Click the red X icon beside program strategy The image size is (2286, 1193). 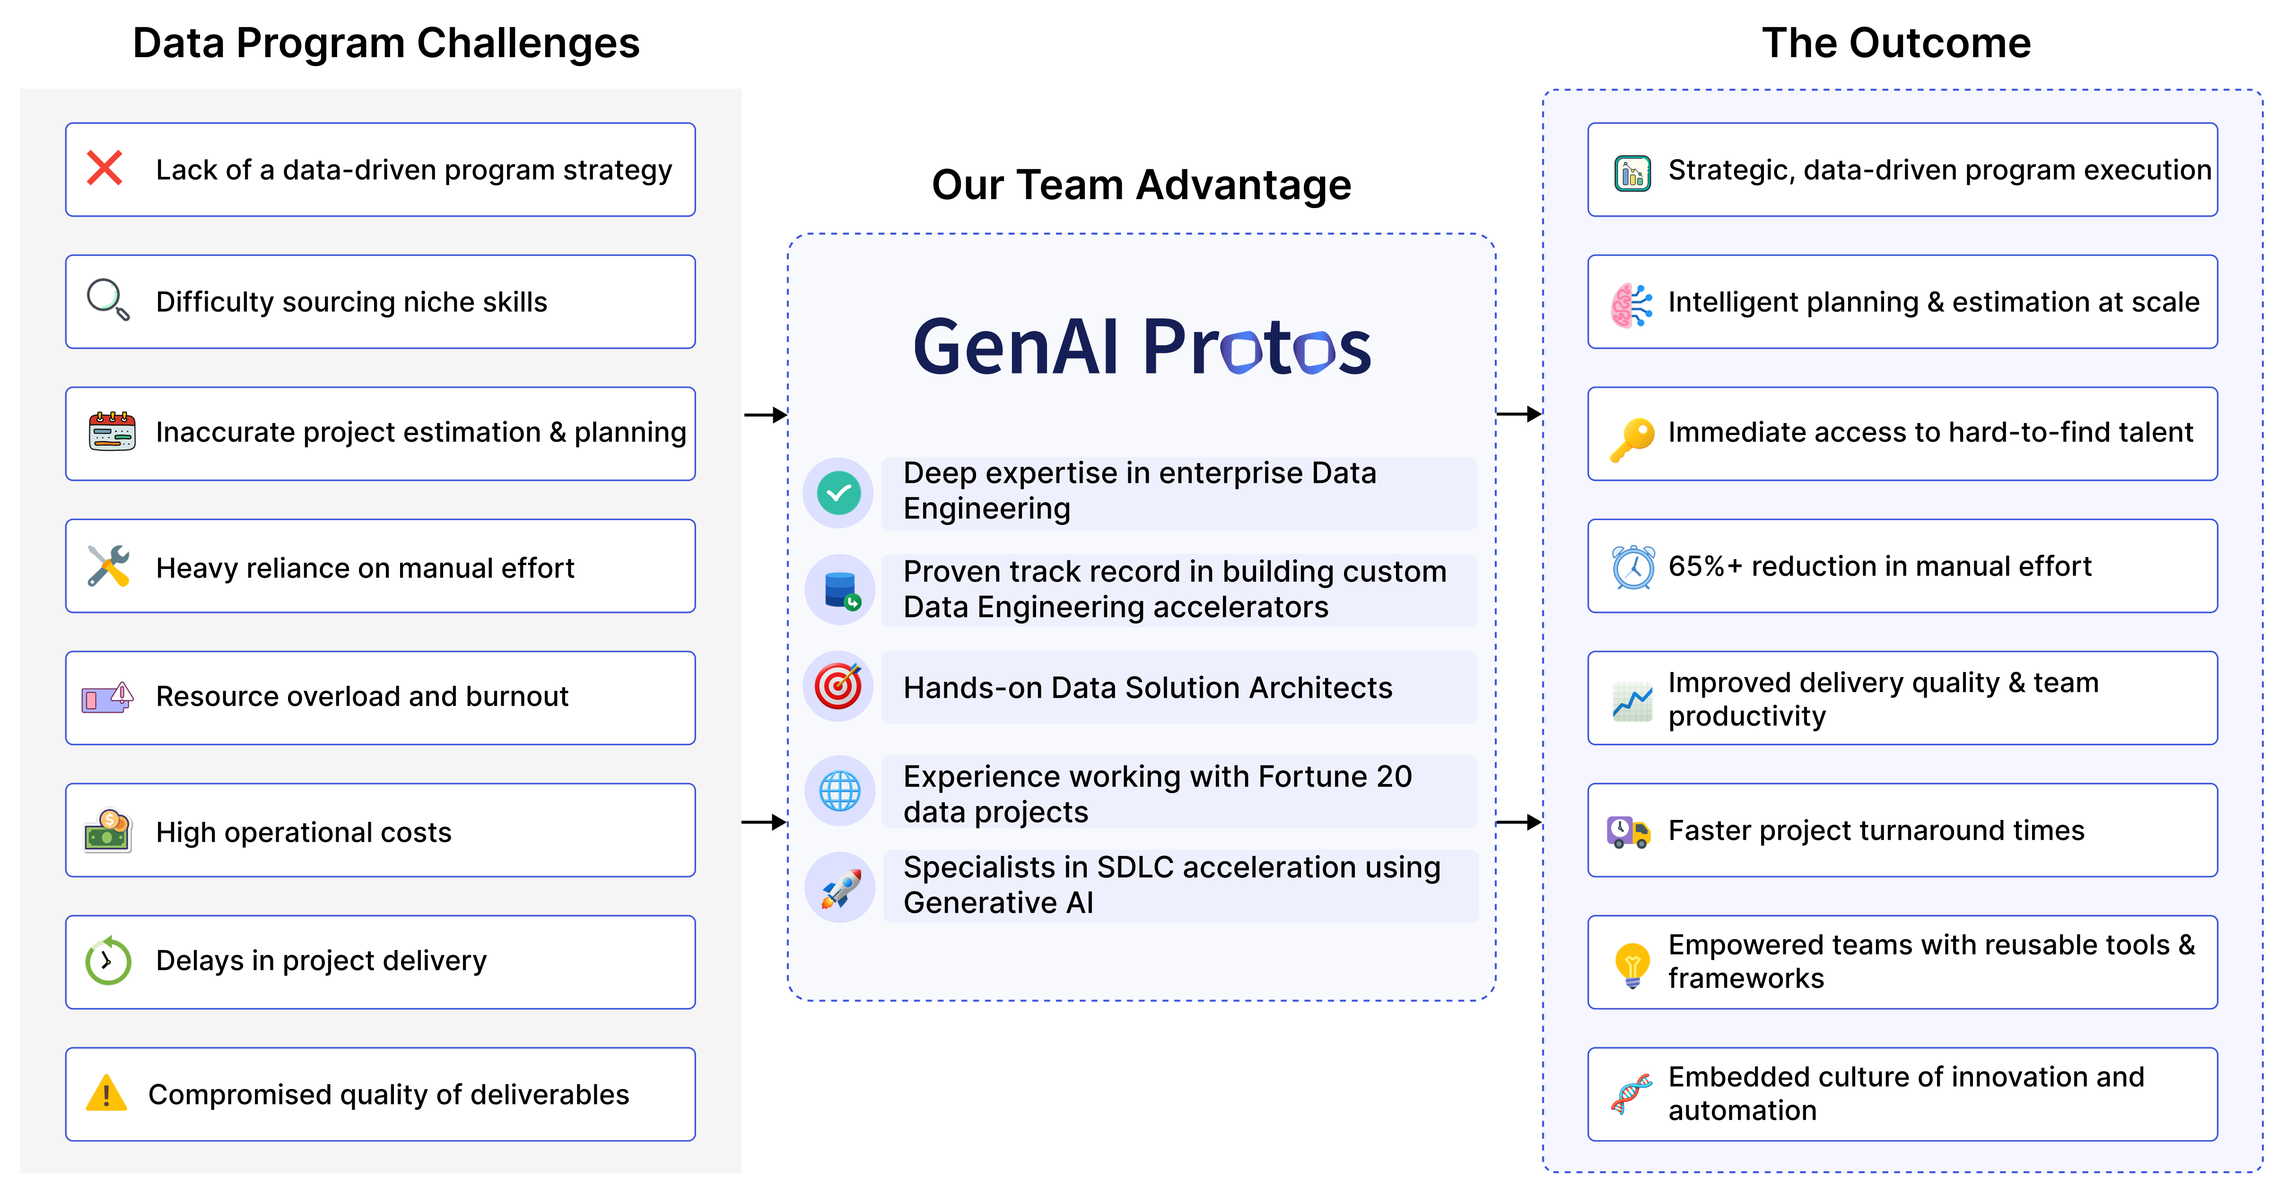(105, 168)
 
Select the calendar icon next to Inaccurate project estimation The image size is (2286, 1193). (112, 431)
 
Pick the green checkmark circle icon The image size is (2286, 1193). (838, 493)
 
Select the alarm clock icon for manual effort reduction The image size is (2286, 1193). (1633, 566)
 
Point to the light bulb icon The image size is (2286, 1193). (1632, 965)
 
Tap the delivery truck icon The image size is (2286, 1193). (1628, 833)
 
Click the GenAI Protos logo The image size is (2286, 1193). (1142, 346)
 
